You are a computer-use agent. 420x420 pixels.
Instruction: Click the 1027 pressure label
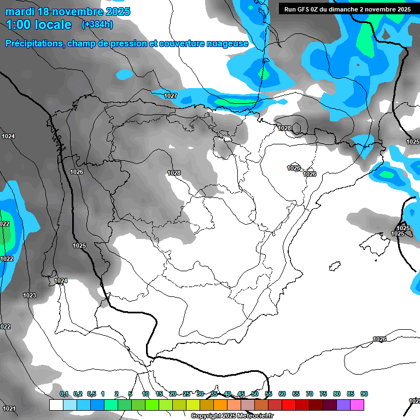pos(171,96)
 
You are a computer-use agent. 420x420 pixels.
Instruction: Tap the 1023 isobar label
pos(30,295)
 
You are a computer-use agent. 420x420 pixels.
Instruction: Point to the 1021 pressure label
pos(8,409)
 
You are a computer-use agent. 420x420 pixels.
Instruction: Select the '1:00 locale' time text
pos(38,25)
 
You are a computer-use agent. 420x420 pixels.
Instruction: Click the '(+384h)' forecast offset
pos(97,25)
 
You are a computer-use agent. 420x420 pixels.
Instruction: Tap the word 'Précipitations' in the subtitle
pos(34,44)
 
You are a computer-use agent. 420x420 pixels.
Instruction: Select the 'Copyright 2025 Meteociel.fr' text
pos(232,416)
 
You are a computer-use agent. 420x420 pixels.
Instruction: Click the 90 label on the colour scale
pos(364,394)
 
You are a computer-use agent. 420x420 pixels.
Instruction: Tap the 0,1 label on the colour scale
pos(64,394)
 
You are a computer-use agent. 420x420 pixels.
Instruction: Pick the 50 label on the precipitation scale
pos(255,394)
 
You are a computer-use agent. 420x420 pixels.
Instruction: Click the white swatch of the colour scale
pos(56,405)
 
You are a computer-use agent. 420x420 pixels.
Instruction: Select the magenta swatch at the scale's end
pos(357,405)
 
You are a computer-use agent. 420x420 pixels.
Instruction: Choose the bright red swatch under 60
pos(289,405)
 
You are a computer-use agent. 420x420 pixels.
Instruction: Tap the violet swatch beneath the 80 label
pos(343,405)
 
